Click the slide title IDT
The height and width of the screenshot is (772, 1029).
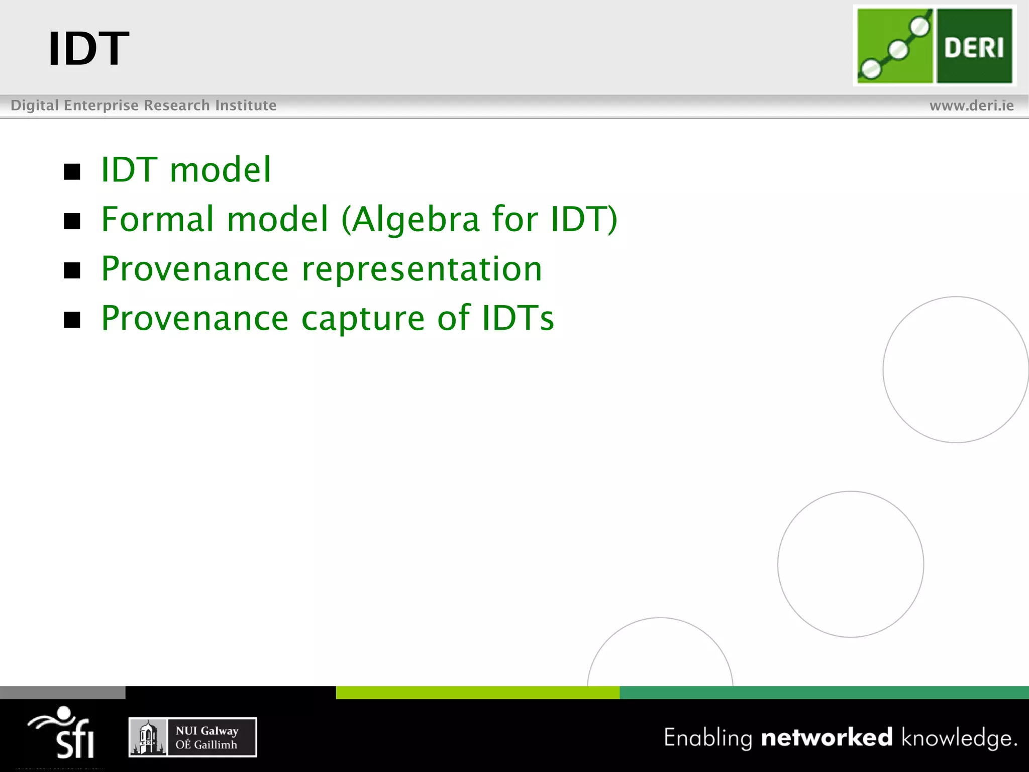[x=88, y=49]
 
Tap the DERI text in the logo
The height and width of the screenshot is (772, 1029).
[x=974, y=48]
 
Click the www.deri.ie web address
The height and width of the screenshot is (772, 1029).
[x=971, y=106]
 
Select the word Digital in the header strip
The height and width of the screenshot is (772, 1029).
[x=35, y=105]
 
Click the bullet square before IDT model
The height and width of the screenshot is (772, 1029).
[x=72, y=172]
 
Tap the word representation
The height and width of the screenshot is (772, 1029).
[x=422, y=269]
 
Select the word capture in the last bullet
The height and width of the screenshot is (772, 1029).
[x=363, y=319]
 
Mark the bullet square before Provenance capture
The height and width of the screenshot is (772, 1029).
[x=72, y=320]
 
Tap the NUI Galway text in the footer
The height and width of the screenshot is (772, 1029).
[x=207, y=731]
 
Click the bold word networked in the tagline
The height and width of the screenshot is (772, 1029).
[x=827, y=737]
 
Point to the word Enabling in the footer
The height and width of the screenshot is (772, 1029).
[x=707, y=738]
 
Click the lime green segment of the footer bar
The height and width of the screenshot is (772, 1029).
[x=477, y=693]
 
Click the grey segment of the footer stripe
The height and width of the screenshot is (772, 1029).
[x=62, y=693]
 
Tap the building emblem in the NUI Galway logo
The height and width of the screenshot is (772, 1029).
[x=148, y=738]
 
